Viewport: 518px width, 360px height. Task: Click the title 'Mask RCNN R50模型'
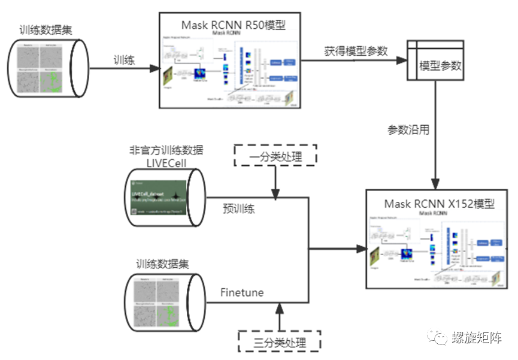click(233, 25)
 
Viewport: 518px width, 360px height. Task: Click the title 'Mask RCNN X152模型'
click(440, 204)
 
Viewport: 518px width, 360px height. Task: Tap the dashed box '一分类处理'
click(274, 156)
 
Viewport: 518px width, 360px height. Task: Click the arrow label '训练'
click(123, 60)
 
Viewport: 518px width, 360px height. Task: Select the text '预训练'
click(238, 209)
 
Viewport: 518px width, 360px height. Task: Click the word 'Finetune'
click(241, 292)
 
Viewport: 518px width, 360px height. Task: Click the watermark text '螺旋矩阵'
click(477, 338)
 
